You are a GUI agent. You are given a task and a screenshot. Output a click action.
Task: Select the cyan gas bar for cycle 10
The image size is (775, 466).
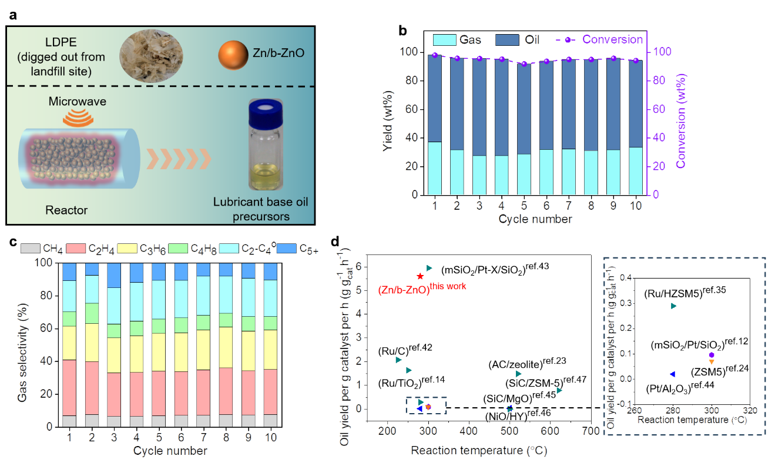pyautogui.click(x=636, y=171)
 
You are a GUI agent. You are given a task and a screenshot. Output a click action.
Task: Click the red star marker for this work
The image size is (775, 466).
pyautogui.click(x=420, y=276)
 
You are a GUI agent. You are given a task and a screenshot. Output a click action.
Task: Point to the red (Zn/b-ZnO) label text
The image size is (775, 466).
pyautogui.click(x=404, y=290)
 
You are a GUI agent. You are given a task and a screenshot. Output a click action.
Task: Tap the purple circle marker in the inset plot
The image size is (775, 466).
pyautogui.click(x=712, y=355)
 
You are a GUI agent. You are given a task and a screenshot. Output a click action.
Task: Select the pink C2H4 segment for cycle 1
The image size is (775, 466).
pyautogui.click(x=69, y=388)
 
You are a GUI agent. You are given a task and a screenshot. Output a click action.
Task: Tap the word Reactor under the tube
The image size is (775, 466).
pyautogui.click(x=66, y=210)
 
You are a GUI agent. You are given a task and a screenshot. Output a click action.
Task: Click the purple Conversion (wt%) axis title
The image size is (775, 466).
pyautogui.click(x=682, y=121)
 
